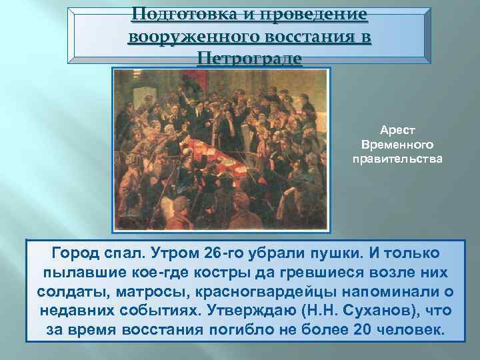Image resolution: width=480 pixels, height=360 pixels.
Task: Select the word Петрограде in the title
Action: pyautogui.click(x=250, y=59)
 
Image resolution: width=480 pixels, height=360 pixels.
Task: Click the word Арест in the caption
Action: pyautogui.click(x=397, y=132)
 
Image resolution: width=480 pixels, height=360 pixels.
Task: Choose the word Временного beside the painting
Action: pyautogui.click(x=397, y=145)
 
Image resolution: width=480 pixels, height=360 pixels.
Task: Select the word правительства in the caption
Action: pyautogui.click(x=397, y=158)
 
